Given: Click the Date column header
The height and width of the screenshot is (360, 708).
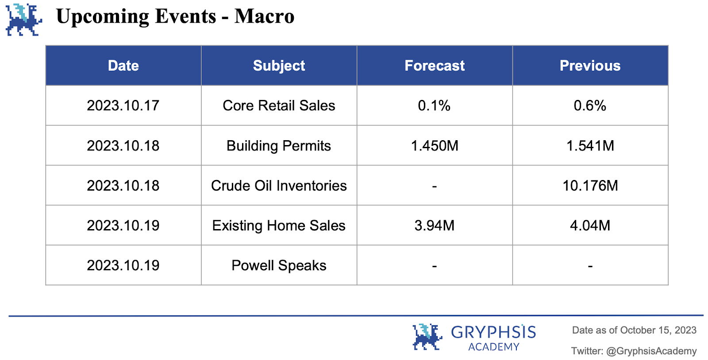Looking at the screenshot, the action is [123, 66].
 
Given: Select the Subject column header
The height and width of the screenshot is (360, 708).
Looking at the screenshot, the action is [279, 66].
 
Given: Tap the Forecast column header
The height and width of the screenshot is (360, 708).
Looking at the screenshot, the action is [435, 66].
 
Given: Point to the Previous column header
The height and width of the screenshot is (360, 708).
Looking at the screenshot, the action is [590, 66].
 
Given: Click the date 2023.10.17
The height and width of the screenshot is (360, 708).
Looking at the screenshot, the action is [123, 105].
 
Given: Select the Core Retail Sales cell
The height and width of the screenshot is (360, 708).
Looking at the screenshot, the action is [279, 105].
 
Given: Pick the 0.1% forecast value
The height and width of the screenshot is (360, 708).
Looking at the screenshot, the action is [434, 105].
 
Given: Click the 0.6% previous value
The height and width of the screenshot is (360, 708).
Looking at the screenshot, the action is [590, 105].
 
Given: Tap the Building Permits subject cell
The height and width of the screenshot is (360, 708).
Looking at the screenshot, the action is [279, 146].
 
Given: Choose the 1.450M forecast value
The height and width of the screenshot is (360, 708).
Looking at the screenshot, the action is [435, 146].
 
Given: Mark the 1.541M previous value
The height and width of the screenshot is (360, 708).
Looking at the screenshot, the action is [590, 146].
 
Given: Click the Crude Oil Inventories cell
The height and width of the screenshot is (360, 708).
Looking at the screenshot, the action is [279, 186].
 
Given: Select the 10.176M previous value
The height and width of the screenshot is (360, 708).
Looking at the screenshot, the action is [590, 186].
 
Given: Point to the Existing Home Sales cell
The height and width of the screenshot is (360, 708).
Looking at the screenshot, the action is [279, 226].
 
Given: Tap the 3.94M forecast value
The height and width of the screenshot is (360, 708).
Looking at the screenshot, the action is [435, 226].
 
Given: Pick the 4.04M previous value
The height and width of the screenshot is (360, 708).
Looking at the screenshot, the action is [590, 226].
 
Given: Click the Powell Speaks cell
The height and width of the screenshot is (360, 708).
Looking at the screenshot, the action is [279, 266].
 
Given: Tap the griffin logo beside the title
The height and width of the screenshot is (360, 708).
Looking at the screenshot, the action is [24, 19].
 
